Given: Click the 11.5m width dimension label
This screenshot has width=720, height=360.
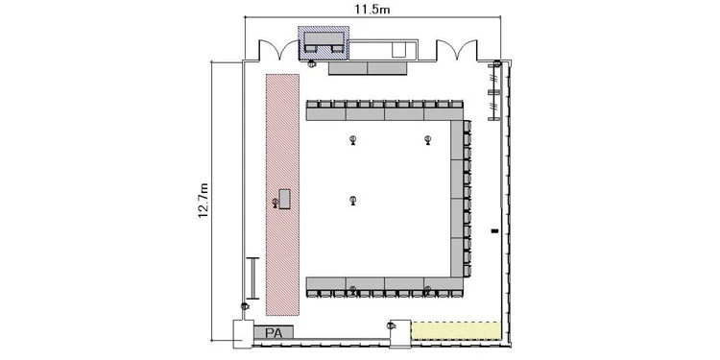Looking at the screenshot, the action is tap(372, 9).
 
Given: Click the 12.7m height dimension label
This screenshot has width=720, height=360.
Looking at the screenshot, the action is tap(204, 201).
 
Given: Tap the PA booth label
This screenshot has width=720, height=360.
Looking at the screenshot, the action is tap(274, 332).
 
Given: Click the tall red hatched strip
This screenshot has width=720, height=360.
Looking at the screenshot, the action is tap(282, 195).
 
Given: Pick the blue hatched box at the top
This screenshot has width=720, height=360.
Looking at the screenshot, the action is tap(324, 42).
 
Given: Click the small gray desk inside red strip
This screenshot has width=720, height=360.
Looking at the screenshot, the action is tap(285, 199).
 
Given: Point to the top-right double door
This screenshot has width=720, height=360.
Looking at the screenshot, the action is tap(457, 50).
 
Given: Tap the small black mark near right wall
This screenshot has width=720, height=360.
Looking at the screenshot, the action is tap(494, 230).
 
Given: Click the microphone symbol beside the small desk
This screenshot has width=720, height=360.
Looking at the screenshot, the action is tap(276, 203).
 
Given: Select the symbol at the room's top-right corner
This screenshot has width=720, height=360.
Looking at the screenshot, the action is tap(497, 63).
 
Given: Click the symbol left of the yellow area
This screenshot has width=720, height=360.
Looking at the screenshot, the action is tap(391, 326).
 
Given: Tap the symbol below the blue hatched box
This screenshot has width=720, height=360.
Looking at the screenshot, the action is tap(312, 63).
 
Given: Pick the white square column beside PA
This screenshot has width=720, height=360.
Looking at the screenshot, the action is tap(243, 334).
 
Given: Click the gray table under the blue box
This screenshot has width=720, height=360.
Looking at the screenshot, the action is tap(368, 68).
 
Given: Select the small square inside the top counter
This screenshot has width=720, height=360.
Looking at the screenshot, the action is tap(398, 50).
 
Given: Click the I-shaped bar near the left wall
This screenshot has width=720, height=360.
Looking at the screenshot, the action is tap(252, 277).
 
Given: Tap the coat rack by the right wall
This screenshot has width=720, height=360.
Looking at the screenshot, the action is tap(493, 92).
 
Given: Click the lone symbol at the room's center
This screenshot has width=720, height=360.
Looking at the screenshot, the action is tap(352, 201).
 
